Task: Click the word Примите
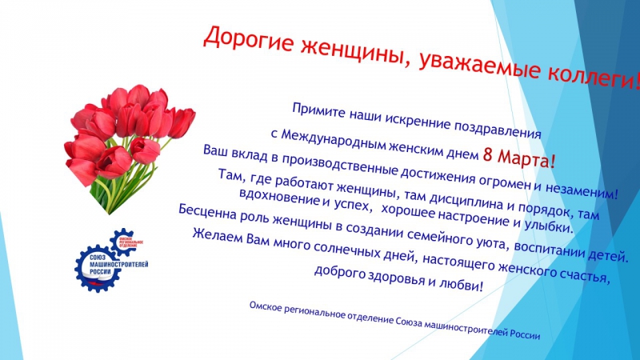(318, 111)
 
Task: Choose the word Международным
(333, 138)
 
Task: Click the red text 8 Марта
(519, 158)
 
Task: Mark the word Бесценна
(207, 212)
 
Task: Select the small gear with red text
(126, 242)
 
